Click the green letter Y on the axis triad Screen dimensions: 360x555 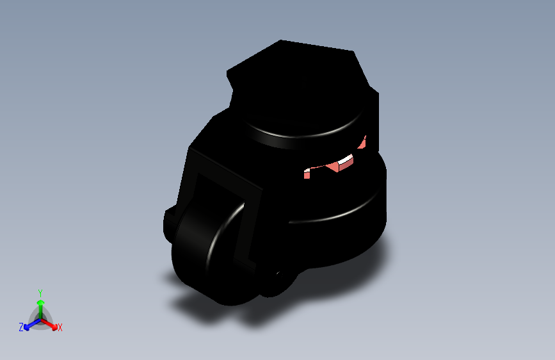pos(40,292)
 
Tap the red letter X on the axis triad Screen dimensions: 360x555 pos(60,328)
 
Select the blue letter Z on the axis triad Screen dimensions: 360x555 pos(21,327)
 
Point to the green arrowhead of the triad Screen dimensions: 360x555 pos(40,302)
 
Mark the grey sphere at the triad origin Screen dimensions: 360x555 pos(40,318)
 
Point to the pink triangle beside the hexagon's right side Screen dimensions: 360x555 pos(363,143)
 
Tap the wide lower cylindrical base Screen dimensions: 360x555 pos(339,218)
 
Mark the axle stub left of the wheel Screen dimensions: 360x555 pos(169,221)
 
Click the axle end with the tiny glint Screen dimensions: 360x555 pos(277,282)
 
